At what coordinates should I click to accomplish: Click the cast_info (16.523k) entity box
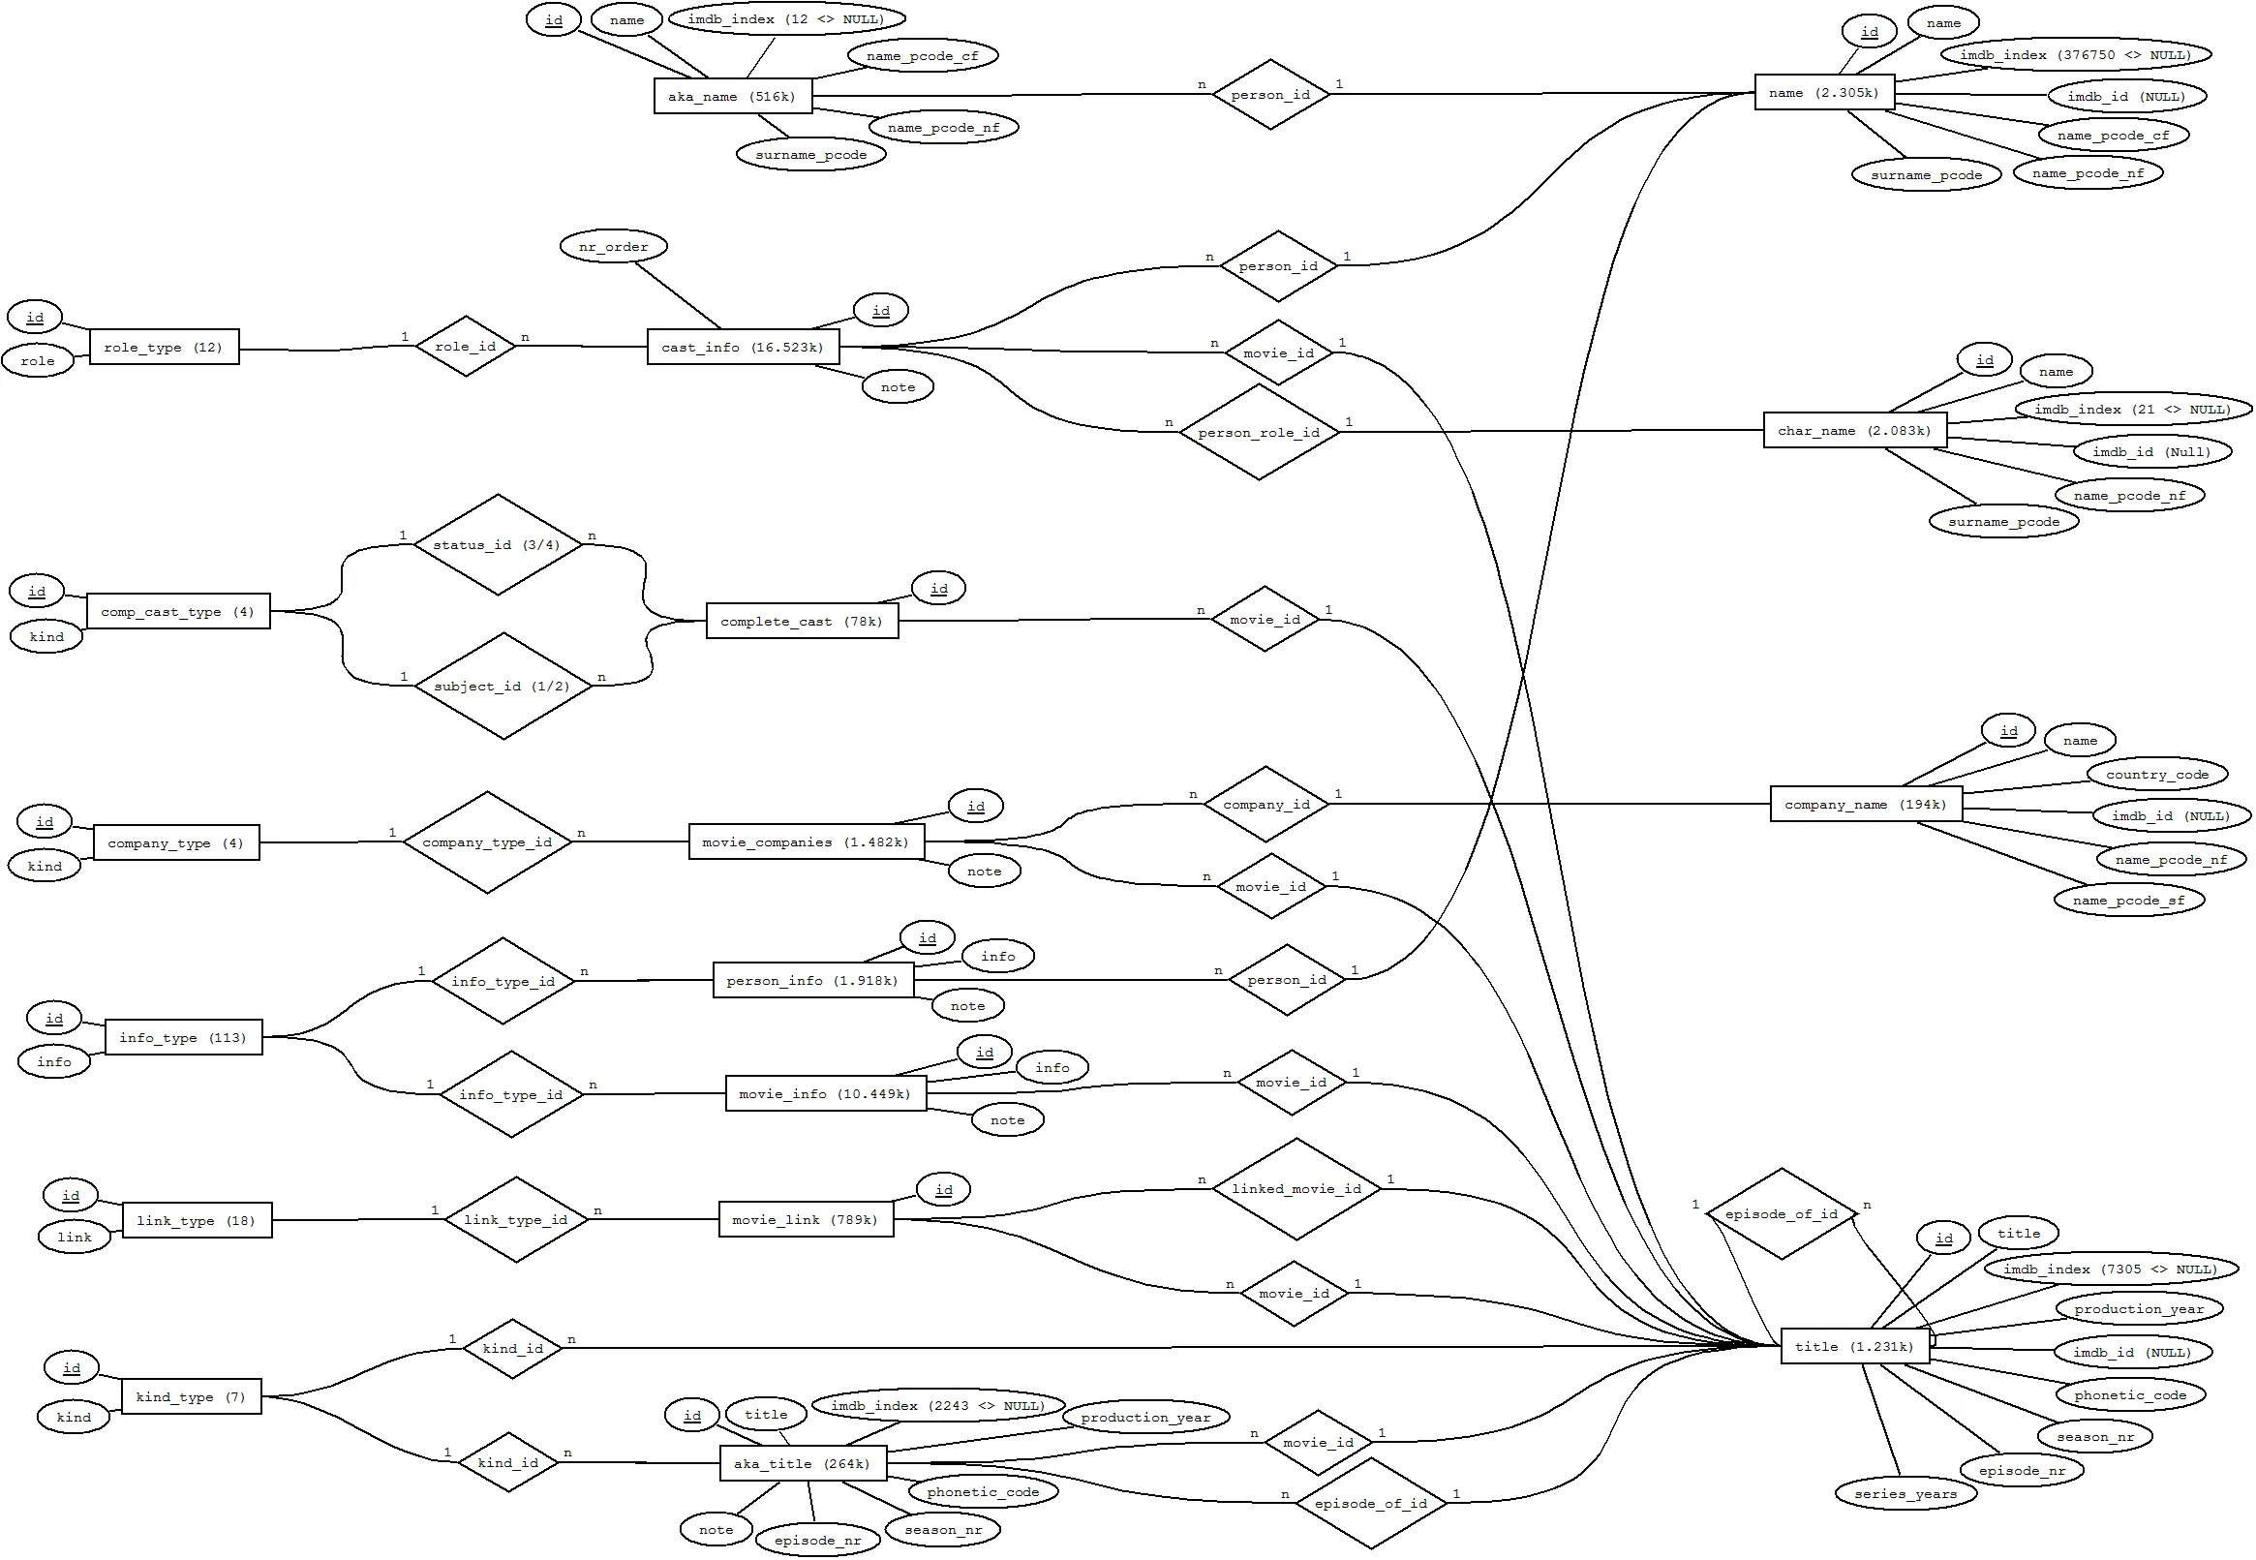[743, 347]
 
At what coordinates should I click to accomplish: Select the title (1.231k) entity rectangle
[1853, 1346]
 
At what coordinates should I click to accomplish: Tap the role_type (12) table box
[164, 347]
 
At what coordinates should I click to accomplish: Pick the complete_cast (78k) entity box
[801, 621]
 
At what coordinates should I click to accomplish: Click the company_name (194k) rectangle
[1865, 805]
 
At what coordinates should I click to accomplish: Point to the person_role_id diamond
[1259, 432]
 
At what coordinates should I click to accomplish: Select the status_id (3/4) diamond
[497, 544]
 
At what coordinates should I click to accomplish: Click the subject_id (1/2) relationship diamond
[502, 687]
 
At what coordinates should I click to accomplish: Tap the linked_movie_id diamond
[1296, 1188]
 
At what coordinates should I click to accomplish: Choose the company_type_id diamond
[487, 841]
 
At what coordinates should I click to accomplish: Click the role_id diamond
[465, 346]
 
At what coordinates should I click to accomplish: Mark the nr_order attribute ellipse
[614, 246]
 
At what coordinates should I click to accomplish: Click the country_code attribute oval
[2157, 774]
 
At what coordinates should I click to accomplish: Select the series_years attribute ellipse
[1905, 1493]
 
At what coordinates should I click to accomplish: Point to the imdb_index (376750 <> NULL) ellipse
[2075, 55]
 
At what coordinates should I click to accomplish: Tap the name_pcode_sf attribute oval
[2129, 901]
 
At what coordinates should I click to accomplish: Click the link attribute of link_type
[75, 1237]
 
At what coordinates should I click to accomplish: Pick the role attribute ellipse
[38, 360]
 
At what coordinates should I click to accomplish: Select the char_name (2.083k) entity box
[1853, 430]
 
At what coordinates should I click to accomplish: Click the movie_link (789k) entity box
[805, 1219]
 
